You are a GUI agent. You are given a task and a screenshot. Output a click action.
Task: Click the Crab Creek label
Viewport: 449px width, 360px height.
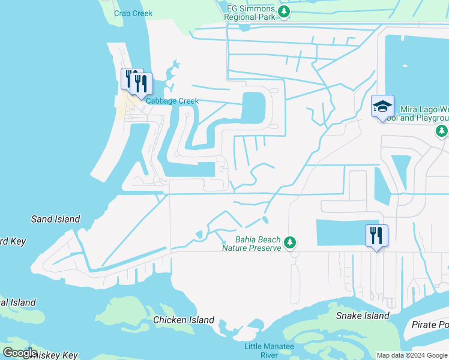tap(133, 13)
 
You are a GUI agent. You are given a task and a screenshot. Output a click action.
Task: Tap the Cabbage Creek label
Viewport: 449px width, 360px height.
tap(172, 101)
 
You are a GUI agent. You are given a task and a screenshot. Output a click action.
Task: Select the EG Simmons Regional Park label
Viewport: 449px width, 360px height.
tap(250, 13)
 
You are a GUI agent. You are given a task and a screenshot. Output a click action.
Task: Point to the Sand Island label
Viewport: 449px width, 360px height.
tap(56, 219)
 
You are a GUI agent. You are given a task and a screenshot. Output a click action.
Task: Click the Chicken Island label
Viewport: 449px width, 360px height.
tap(184, 320)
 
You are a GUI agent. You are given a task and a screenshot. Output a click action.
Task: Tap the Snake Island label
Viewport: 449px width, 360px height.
tap(363, 316)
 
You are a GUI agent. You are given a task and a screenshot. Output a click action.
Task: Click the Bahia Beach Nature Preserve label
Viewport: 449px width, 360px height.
tap(252, 243)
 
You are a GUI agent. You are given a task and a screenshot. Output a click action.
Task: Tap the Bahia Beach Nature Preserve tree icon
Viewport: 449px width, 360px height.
tap(291, 242)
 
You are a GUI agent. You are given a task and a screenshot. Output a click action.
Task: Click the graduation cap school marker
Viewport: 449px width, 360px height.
tap(382, 106)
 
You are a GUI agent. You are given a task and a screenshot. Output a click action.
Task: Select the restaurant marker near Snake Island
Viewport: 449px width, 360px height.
tap(376, 235)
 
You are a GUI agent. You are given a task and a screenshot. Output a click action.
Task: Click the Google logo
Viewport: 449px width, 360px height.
tap(20, 353)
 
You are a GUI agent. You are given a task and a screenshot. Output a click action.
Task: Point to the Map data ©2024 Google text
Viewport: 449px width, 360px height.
tap(412, 355)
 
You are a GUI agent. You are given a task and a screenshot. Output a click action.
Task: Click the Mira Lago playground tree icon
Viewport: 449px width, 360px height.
tap(442, 130)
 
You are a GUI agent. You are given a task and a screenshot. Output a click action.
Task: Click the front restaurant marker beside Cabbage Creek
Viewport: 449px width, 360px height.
tap(141, 84)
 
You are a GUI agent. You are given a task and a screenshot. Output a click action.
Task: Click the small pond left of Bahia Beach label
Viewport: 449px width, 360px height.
tap(199, 234)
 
